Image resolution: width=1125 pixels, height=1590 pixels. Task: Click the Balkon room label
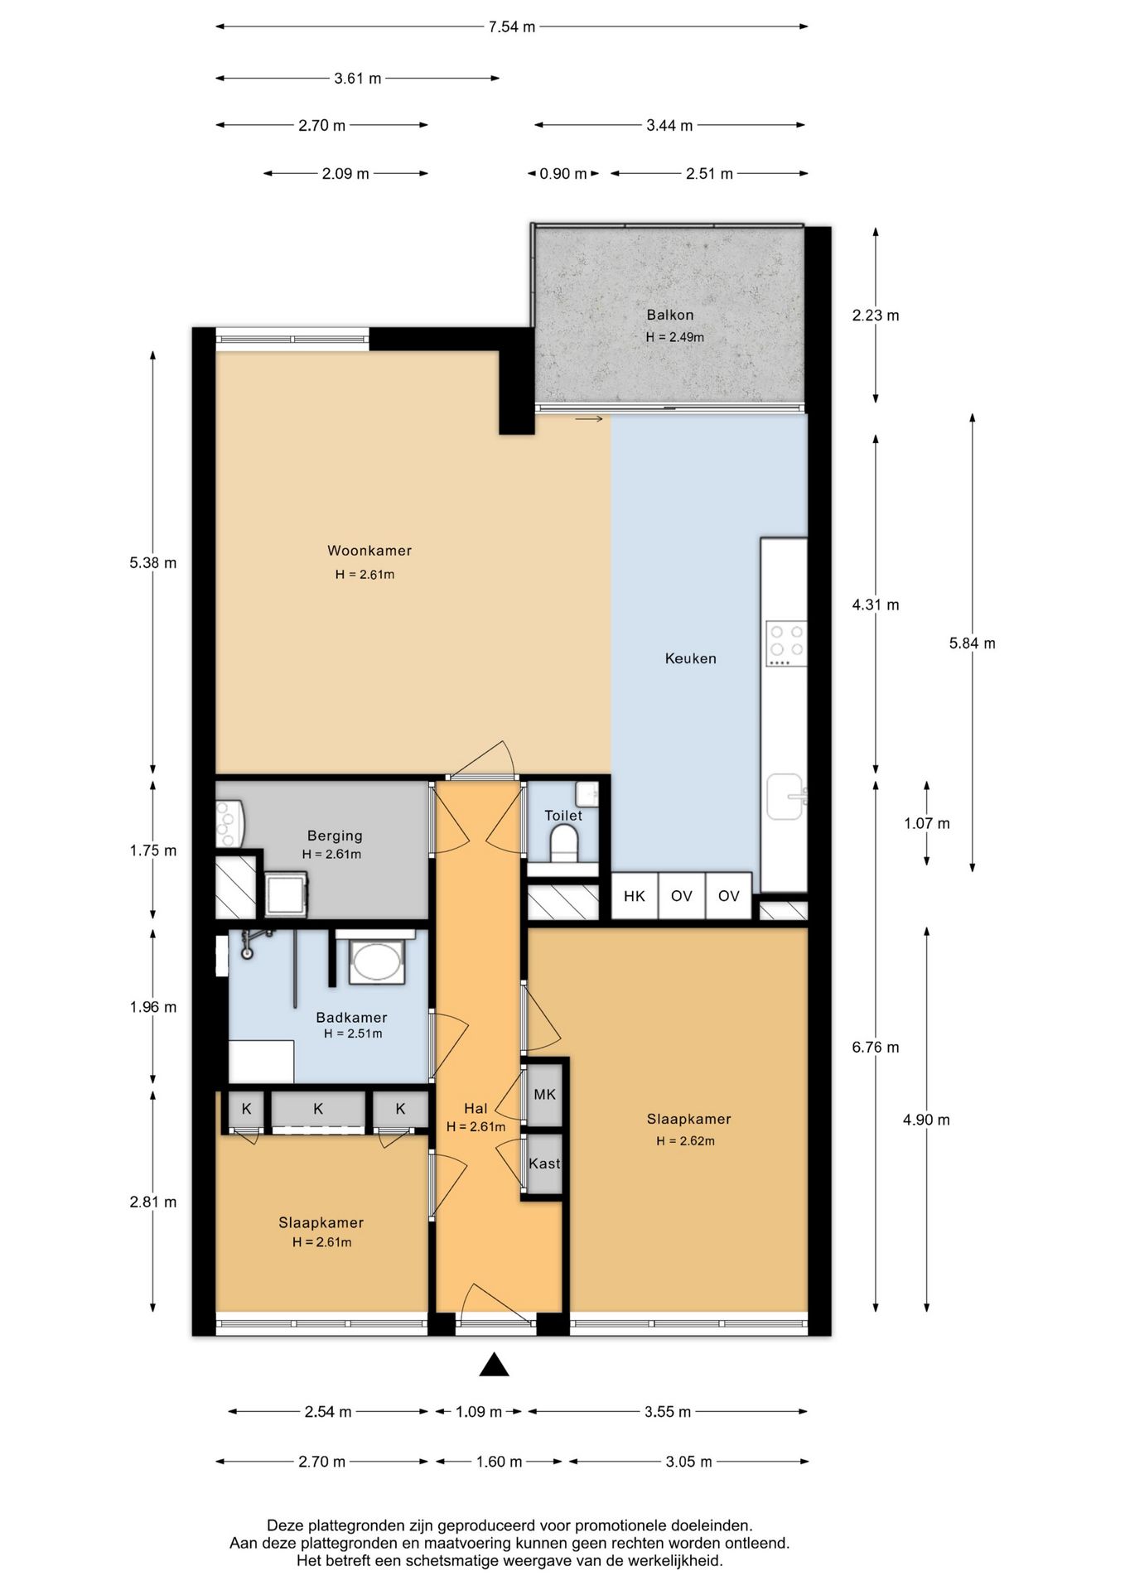[669, 315]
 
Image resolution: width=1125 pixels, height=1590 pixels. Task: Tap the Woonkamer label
[369, 551]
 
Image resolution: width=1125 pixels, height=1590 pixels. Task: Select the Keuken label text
[690, 658]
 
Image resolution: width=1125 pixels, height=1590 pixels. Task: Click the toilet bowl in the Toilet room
[566, 843]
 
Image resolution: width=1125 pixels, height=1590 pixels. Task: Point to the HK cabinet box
[635, 896]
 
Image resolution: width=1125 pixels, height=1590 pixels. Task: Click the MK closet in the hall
[544, 1095]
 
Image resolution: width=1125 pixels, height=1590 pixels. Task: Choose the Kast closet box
[544, 1164]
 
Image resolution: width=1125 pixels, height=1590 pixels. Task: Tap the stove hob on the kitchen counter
[786, 643]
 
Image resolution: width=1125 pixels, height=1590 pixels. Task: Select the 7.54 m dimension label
[512, 26]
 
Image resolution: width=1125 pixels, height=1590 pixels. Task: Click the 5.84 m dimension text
[973, 643]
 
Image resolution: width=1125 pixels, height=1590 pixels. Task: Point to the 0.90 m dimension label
[563, 174]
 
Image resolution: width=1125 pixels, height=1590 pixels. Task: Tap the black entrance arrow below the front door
[494, 1365]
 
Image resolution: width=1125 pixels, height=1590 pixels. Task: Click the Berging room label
[335, 836]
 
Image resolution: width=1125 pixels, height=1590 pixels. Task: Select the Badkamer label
[351, 1018]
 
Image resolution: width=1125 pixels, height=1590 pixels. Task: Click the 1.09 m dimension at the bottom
[479, 1412]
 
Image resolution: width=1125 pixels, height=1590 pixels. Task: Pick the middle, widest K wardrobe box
[318, 1110]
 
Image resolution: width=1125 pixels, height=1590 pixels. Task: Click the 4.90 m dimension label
[926, 1120]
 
